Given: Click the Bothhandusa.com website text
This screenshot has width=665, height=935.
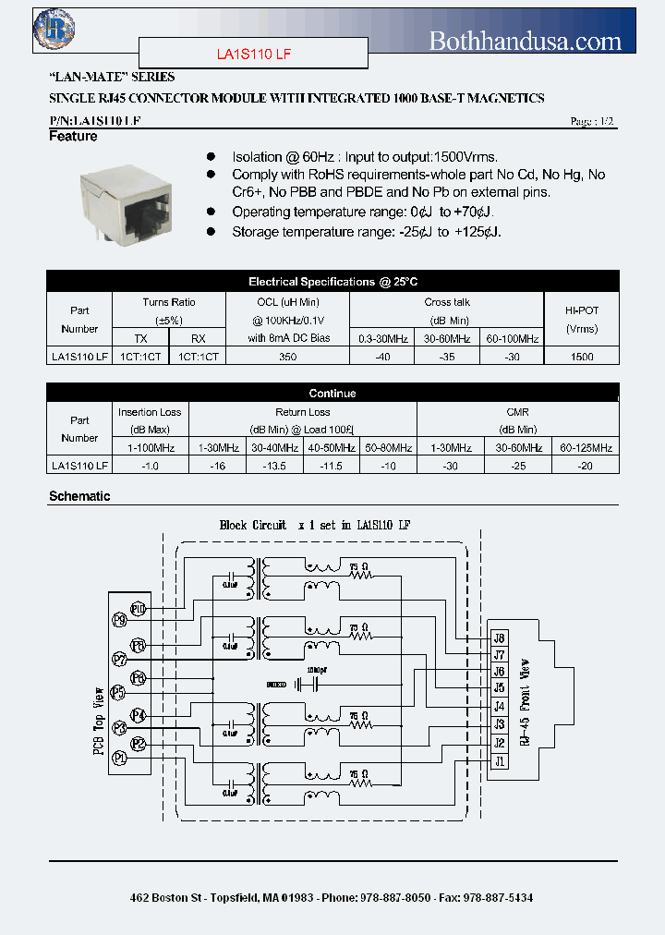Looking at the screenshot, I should point(526,40).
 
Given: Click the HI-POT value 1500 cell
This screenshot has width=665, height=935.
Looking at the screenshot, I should point(582,356).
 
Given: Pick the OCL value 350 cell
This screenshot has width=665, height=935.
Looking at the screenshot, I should point(288,356).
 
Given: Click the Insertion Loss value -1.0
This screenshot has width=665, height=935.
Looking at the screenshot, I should point(151,466).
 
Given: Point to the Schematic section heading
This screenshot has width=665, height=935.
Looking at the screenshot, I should point(79,496).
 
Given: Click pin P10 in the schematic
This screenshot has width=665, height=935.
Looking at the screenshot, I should point(139,609).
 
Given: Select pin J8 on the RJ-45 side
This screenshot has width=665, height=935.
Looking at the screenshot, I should point(500,637).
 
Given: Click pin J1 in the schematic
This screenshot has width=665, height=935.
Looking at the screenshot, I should point(500,761).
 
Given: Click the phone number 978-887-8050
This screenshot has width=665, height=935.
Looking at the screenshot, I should point(395,897).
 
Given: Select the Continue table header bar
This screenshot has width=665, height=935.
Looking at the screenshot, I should point(332,393).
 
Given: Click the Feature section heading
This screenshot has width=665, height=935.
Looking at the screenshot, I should point(73,136).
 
